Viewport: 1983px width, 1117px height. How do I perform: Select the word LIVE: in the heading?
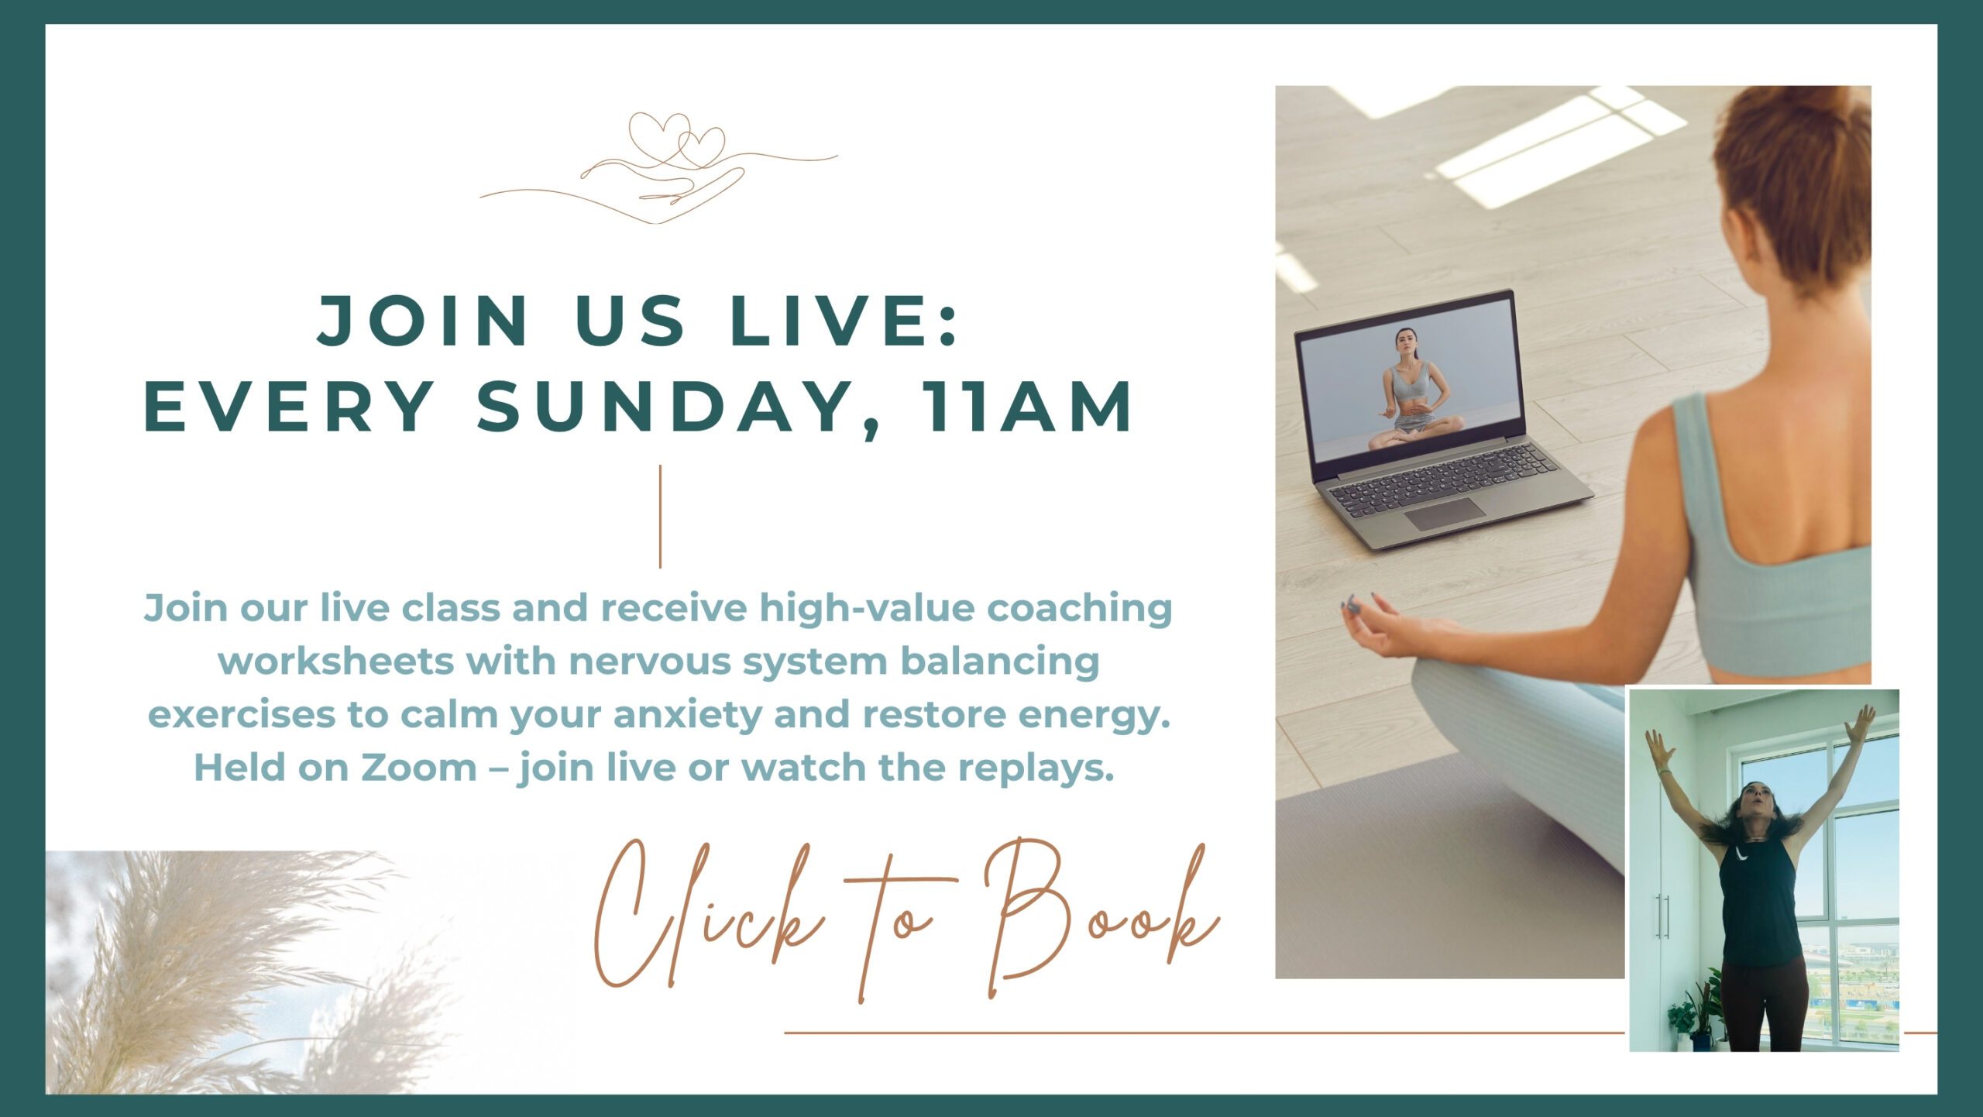pyautogui.click(x=844, y=320)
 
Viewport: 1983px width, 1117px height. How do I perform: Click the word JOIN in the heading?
pyautogui.click(x=423, y=320)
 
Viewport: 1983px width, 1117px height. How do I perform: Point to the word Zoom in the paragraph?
pyautogui.click(x=419, y=768)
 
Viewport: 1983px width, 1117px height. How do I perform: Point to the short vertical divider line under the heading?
pyautogui.click(x=660, y=517)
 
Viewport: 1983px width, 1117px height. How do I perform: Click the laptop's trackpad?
pyautogui.click(x=1445, y=514)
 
